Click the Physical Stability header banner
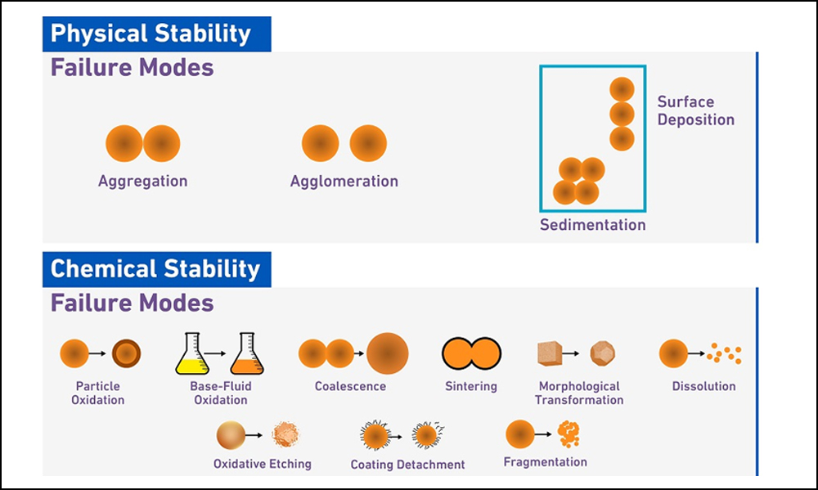pos(156,34)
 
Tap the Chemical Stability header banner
pos(156,269)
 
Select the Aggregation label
pos(143,182)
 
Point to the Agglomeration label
pos(344,182)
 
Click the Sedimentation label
pos(592,225)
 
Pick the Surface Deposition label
pos(696,110)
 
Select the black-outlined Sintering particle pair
pos(472,353)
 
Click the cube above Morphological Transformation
pos(550,353)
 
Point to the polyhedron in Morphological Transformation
pos(603,353)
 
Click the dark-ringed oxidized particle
pos(126,353)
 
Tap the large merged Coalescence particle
pos(387,353)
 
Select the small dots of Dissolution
pos(724,353)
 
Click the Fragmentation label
pos(545,462)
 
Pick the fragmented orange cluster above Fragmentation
pos(569,434)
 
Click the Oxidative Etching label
pos(263,464)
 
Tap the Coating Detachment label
pos(407,465)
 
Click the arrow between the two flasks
pos(215,353)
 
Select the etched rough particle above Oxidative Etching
pos(285,434)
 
